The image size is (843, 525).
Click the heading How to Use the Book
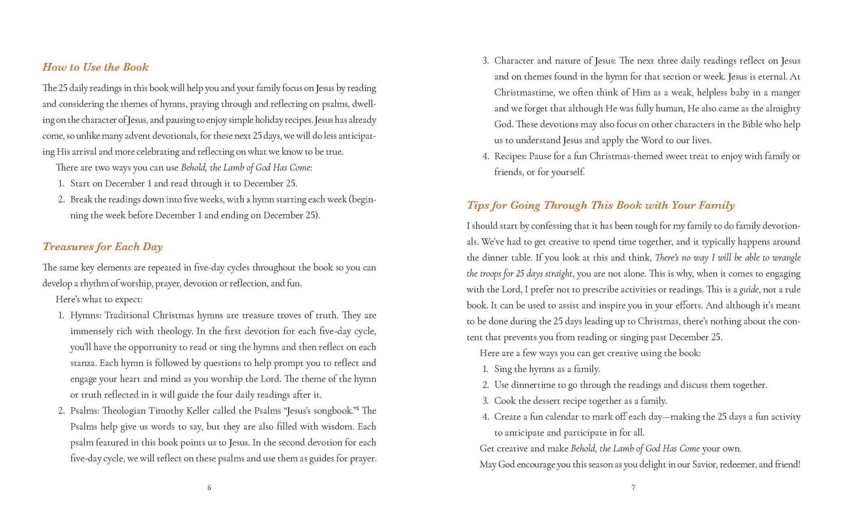pyautogui.click(x=95, y=67)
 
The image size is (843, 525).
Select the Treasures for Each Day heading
pyautogui.click(x=102, y=247)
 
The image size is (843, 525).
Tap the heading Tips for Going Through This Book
pyautogui.click(x=600, y=205)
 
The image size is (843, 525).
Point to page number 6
pyautogui.click(x=209, y=488)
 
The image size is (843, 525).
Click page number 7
pyautogui.click(x=633, y=488)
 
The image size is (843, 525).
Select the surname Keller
pyautogui.click(x=199, y=411)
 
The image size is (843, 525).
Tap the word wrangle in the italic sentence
pyautogui.click(x=785, y=258)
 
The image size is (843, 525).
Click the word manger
pyautogui.click(x=785, y=93)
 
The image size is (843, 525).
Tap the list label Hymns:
pyautogui.click(x=85, y=316)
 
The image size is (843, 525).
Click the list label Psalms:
pyautogui.click(x=85, y=411)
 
